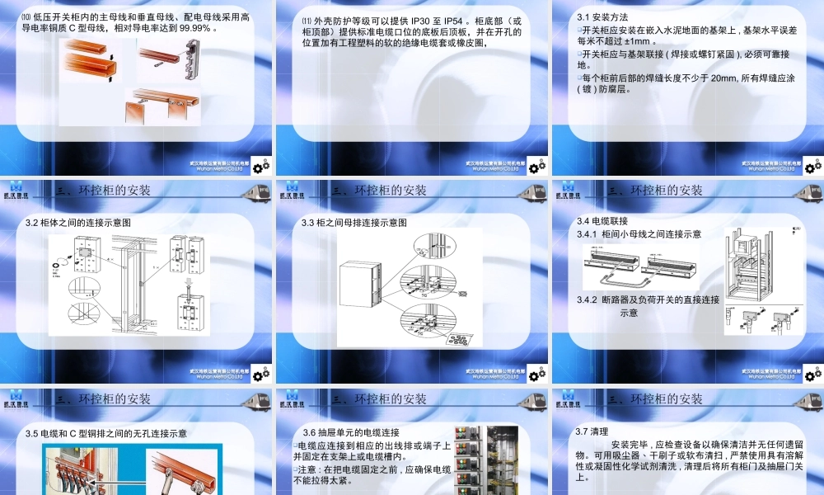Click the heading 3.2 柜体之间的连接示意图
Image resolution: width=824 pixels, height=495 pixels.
tap(78, 223)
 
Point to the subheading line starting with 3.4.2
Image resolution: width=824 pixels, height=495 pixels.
tap(648, 299)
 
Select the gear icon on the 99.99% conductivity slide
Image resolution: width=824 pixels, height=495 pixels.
tap(261, 167)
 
